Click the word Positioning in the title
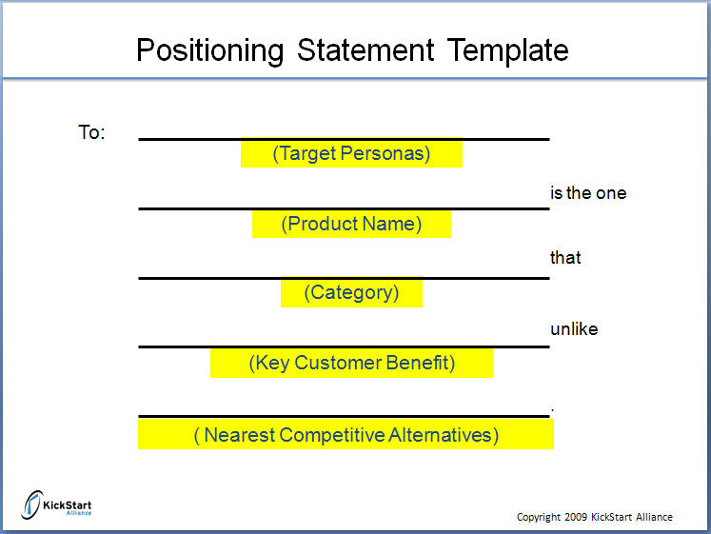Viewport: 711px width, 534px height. pos(210,50)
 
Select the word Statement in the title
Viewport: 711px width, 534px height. pos(365,49)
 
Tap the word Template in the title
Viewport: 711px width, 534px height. pos(508,50)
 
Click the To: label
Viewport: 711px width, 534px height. pos(91,132)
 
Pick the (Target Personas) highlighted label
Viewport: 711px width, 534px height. pos(351,153)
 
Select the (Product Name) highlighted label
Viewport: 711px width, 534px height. pos(351,224)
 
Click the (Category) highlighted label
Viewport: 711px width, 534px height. pos(351,292)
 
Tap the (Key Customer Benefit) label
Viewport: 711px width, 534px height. pos(351,363)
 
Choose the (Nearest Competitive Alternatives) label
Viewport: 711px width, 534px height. pos(346,435)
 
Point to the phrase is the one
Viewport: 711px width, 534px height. pos(588,193)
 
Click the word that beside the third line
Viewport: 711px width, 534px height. pos(565,257)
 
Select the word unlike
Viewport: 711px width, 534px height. pos(574,329)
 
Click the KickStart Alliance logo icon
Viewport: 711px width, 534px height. pos(32,504)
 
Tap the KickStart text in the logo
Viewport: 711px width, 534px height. pos(68,505)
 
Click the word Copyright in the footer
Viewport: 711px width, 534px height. pos(539,517)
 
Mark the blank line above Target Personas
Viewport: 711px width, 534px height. pos(344,139)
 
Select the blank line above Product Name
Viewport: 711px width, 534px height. pos(344,208)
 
